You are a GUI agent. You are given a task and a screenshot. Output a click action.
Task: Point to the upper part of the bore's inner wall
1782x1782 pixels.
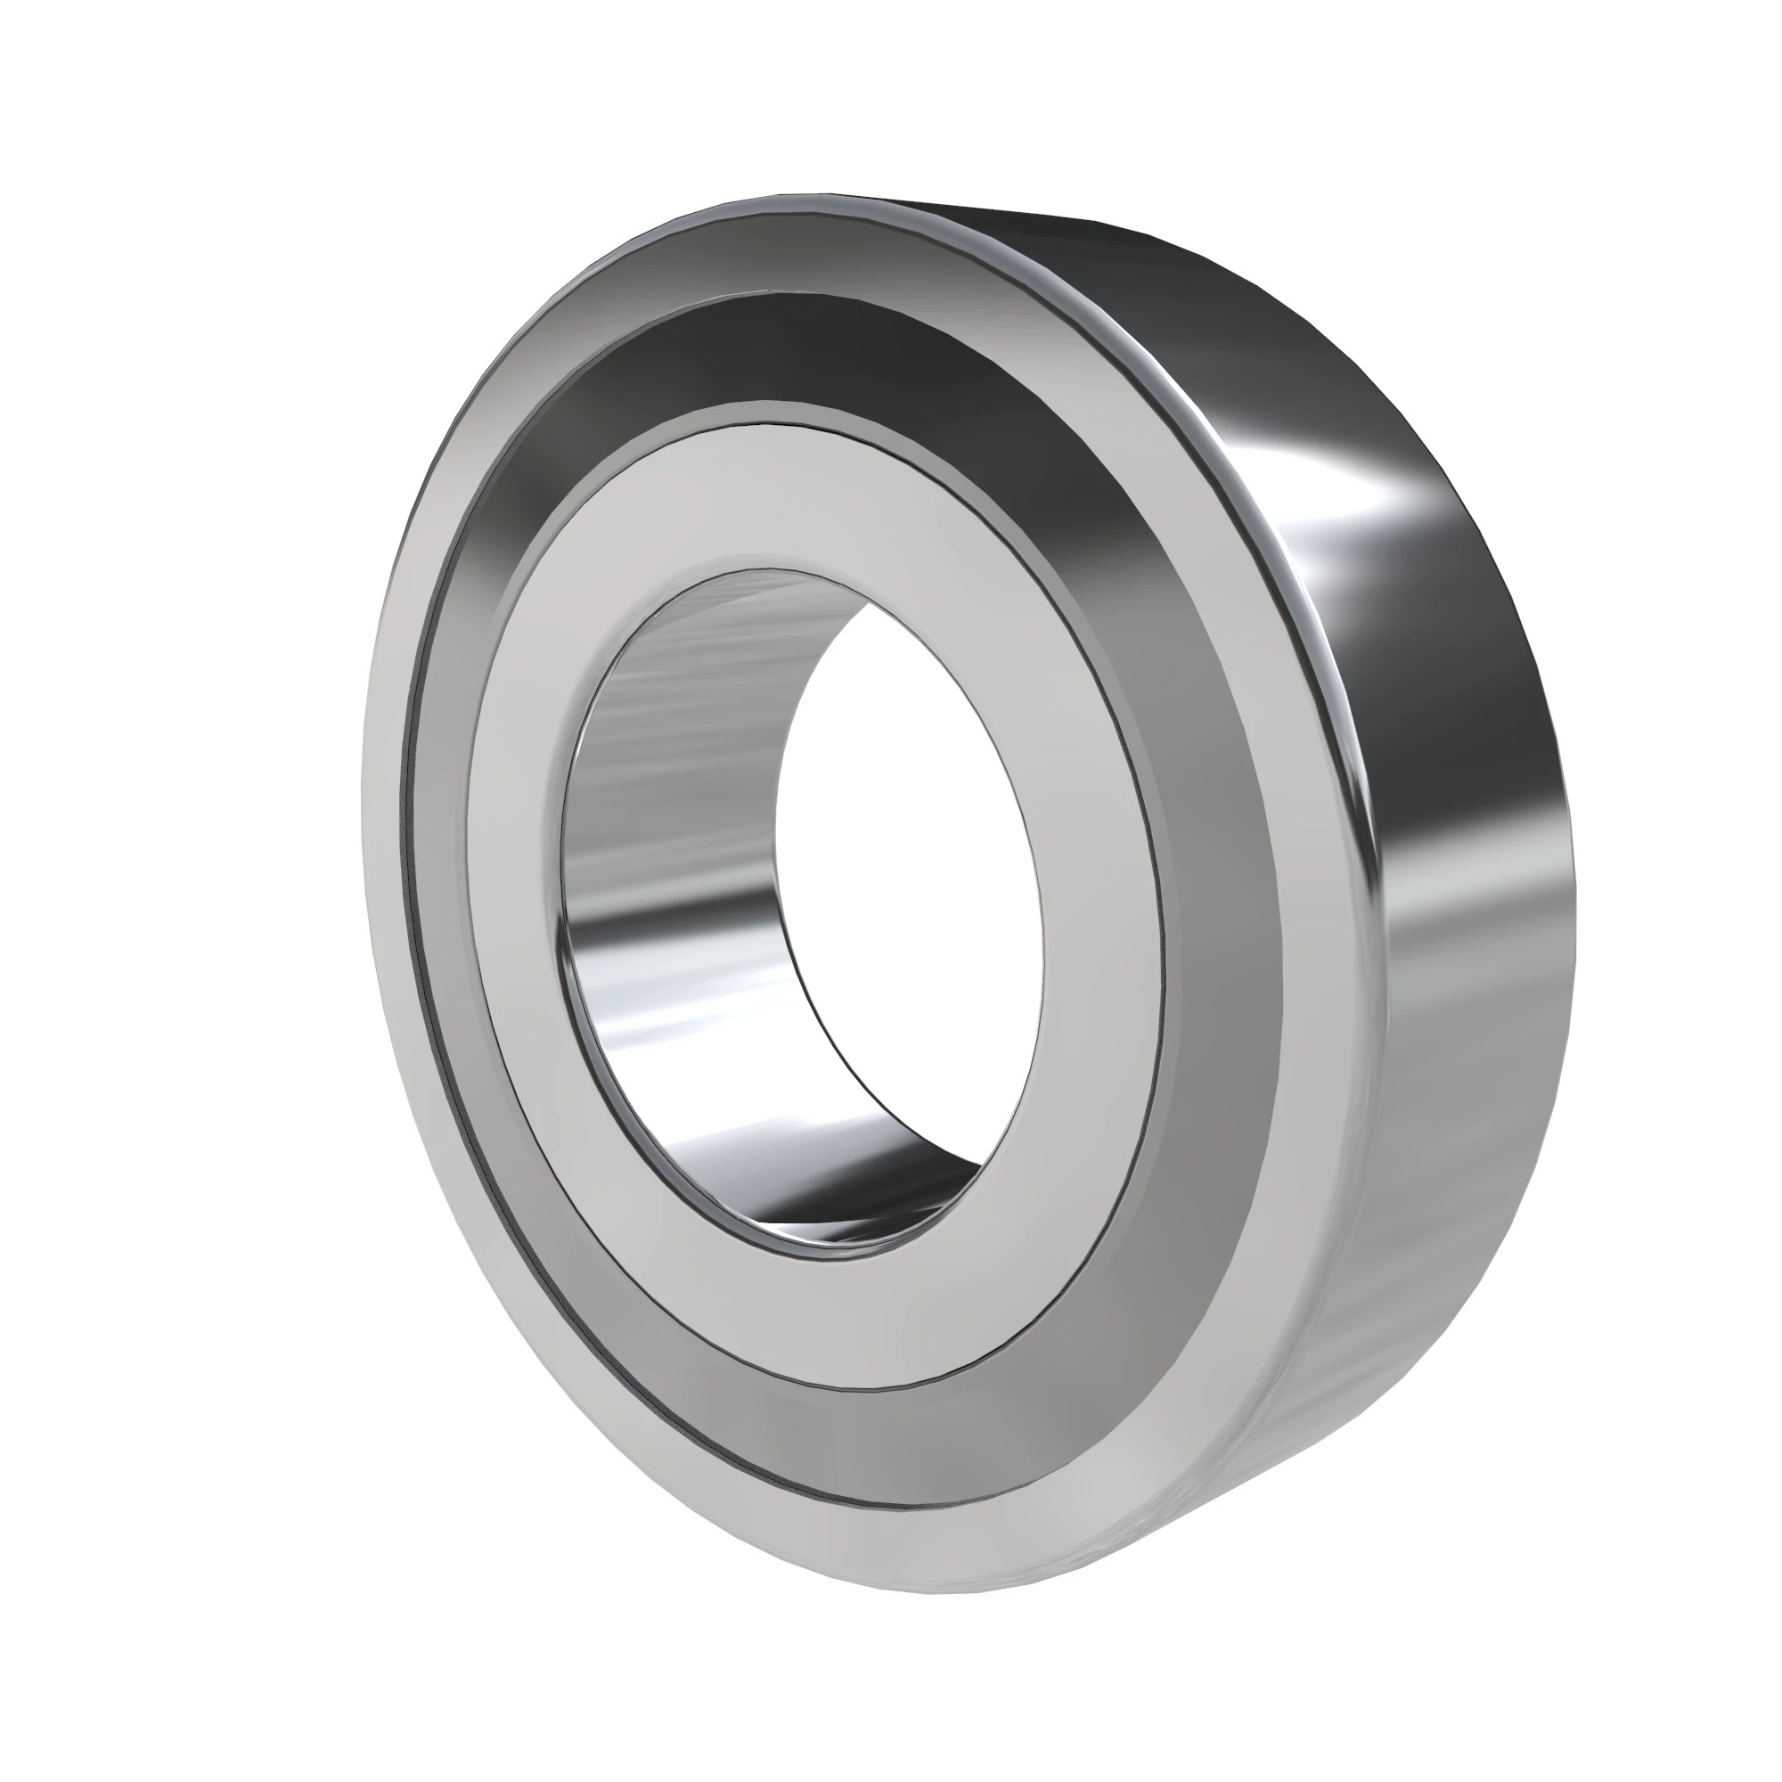[x=701, y=646]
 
